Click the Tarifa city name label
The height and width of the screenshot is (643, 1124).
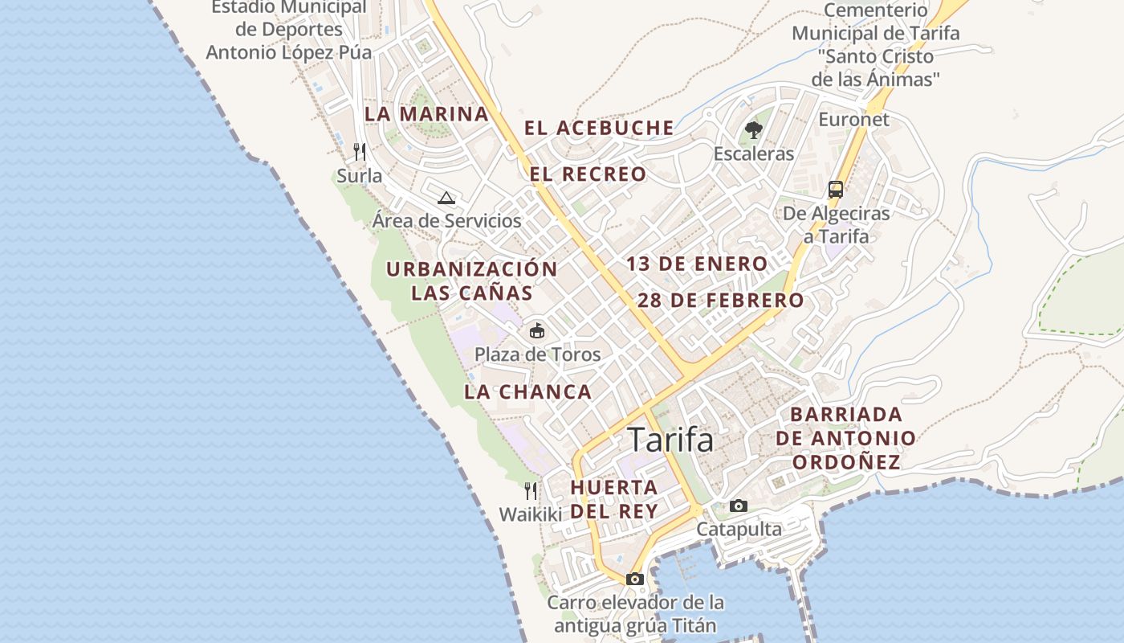point(670,440)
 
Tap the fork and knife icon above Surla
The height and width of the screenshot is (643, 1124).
point(360,151)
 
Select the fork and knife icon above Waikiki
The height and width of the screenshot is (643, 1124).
point(531,490)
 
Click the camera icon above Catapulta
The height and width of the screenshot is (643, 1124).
point(739,506)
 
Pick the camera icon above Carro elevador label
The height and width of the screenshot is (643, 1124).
point(635,579)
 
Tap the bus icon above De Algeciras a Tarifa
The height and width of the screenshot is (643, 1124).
point(836,190)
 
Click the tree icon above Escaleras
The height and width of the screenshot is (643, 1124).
point(753,129)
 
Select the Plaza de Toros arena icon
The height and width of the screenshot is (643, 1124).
point(536,330)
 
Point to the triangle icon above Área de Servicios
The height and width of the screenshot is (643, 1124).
point(446,198)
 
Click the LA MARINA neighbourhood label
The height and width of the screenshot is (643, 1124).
point(426,114)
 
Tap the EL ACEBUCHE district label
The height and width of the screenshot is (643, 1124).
point(599,128)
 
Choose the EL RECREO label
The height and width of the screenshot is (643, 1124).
point(588,174)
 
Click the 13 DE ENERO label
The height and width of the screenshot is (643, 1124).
point(697,264)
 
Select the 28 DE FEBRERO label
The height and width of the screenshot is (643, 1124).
point(720,301)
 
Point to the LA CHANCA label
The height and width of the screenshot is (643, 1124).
point(527,392)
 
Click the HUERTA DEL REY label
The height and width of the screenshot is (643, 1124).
point(614,499)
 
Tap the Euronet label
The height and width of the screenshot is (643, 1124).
point(853,120)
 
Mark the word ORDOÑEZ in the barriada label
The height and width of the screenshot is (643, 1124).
point(845,462)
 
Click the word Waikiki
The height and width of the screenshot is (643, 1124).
point(531,514)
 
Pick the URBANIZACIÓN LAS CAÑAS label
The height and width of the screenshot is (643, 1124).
point(471,281)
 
